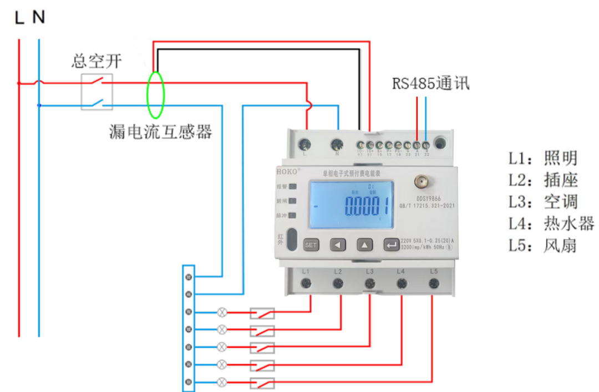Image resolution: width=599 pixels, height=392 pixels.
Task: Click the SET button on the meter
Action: [x=311, y=245]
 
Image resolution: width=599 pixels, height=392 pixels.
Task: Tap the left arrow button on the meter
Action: [x=338, y=245]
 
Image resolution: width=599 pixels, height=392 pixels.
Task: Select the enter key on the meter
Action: [x=392, y=245]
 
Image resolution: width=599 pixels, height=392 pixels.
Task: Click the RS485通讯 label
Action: [x=431, y=84]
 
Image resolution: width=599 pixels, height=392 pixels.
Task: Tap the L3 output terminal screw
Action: [x=369, y=284]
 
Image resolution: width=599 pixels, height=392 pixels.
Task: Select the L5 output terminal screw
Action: [x=434, y=284]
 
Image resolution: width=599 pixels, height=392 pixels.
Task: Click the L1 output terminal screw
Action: [x=306, y=284]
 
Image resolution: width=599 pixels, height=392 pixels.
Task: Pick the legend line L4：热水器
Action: [x=551, y=223]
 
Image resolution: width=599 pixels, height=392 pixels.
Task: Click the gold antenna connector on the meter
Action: [x=423, y=182]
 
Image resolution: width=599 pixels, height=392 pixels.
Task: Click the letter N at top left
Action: [x=38, y=18]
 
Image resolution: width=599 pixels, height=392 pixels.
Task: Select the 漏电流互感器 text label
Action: [x=161, y=132]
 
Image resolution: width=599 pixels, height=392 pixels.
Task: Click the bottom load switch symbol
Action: [x=262, y=382]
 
